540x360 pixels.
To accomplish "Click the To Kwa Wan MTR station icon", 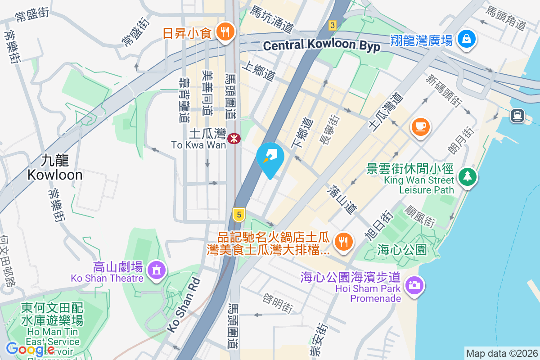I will pyautogui.click(x=234, y=139).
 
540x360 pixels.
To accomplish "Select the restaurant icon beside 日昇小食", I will pyautogui.click(x=224, y=32).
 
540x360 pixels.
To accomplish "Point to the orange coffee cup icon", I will pyautogui.click(x=421, y=126).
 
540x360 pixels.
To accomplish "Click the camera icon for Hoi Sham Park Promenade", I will pyautogui.click(x=414, y=284).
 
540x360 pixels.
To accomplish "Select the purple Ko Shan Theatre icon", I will pyautogui.click(x=156, y=270).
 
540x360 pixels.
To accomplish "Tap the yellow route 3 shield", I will pyautogui.click(x=332, y=25).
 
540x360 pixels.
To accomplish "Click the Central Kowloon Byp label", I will pyautogui.click(x=321, y=45).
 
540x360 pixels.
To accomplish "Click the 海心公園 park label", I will pyautogui.click(x=402, y=250).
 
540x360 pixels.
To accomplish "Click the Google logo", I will pyautogui.click(x=31, y=349).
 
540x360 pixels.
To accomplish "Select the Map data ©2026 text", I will pyautogui.click(x=502, y=353).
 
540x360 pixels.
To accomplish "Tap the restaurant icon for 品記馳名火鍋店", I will pyautogui.click(x=344, y=242).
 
